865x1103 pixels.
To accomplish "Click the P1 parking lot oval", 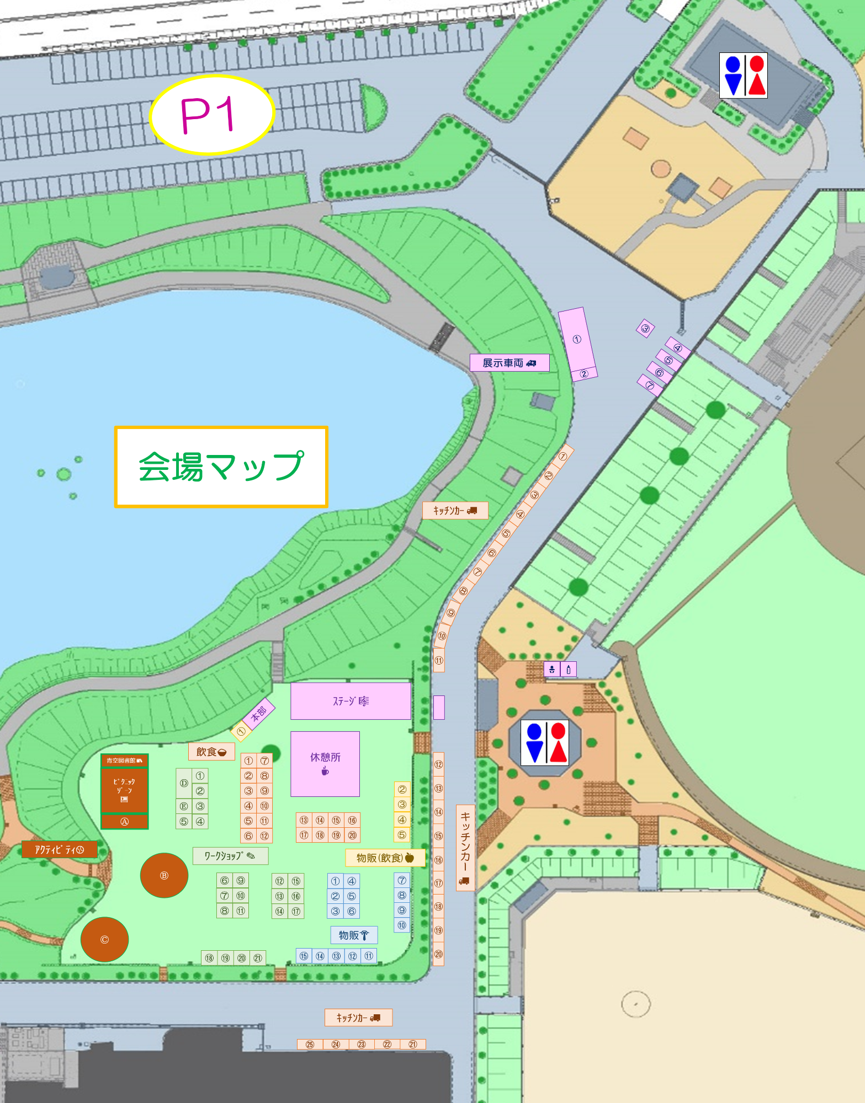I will [212, 114].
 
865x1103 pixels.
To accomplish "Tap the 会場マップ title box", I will [221, 467].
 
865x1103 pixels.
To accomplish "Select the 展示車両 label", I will [509, 363].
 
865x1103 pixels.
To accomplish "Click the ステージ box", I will [351, 701].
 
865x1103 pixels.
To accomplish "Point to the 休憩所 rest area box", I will [325, 764].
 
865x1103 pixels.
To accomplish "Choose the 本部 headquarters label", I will [258, 714].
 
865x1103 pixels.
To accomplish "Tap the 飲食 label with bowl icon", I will [211, 752].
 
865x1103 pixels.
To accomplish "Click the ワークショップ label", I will [230, 856].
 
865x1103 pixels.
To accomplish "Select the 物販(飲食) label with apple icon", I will [385, 858].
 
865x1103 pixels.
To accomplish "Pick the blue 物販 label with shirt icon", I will [354, 935].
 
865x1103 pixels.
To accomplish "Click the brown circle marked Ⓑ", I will [164, 875].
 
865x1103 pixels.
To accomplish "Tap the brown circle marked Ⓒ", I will [104, 939].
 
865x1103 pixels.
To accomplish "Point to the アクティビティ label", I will [59, 850].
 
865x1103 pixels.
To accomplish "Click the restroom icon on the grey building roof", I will [743, 76].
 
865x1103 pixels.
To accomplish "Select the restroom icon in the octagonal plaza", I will [545, 743].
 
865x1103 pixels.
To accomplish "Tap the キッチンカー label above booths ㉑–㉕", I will [358, 1018].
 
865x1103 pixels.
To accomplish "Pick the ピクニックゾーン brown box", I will [124, 790].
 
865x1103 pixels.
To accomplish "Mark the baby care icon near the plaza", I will [551, 670].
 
